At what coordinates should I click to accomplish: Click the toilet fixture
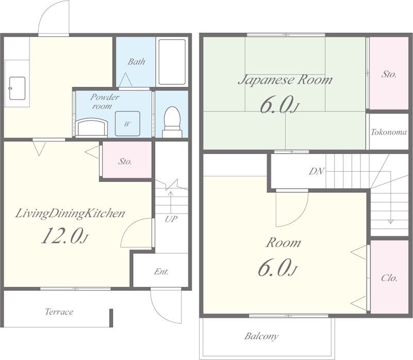tap(172, 122)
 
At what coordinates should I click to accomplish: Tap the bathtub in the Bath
tap(172, 62)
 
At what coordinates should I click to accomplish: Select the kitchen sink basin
tap(17, 88)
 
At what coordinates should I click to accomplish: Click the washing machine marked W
tap(128, 123)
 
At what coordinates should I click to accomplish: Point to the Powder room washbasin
tap(91, 127)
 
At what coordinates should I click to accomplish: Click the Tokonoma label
tap(389, 132)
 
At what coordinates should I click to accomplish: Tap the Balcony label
tap(261, 336)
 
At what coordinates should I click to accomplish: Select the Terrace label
tap(59, 312)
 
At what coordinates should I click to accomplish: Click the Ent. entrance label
tap(161, 271)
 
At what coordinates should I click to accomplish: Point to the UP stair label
tap(171, 219)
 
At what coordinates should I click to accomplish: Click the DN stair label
tap(316, 171)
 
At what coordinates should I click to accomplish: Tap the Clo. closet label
tap(389, 278)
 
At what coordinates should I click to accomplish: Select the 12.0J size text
tap(65, 236)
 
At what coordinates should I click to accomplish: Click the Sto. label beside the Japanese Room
tap(389, 74)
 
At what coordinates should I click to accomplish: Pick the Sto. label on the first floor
tap(125, 161)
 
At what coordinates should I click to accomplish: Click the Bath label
tap(136, 61)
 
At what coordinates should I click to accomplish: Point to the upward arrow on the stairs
tap(171, 203)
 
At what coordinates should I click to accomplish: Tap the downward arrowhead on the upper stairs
tap(391, 221)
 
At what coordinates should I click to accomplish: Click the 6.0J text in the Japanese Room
tap(280, 105)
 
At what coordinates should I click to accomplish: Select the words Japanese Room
tap(285, 80)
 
